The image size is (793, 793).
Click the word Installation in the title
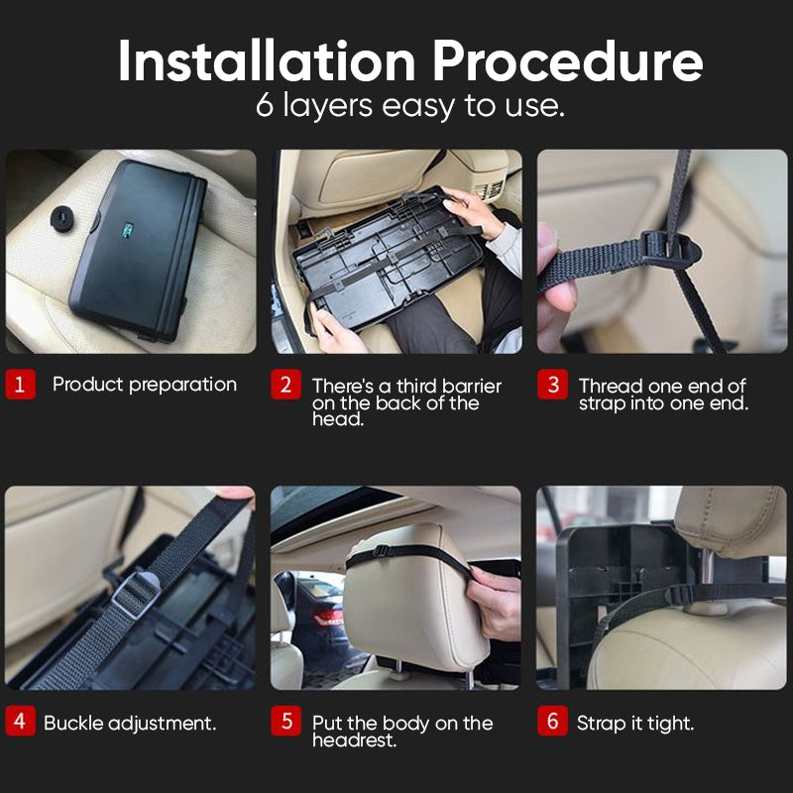(267, 61)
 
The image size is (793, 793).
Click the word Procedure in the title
(567, 61)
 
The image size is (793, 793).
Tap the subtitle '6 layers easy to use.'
(409, 106)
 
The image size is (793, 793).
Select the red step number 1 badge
(20, 385)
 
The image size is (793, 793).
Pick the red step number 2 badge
(285, 385)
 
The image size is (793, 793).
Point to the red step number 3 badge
(552, 385)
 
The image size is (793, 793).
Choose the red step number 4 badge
(20, 721)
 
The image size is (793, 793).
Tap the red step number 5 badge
(285, 721)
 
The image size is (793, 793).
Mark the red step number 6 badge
(552, 721)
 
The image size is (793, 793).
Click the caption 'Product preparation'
(145, 385)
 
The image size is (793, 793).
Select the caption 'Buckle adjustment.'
(130, 724)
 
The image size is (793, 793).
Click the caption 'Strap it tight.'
(635, 724)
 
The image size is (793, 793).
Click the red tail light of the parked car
(329, 618)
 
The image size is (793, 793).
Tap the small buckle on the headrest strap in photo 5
(381, 551)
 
